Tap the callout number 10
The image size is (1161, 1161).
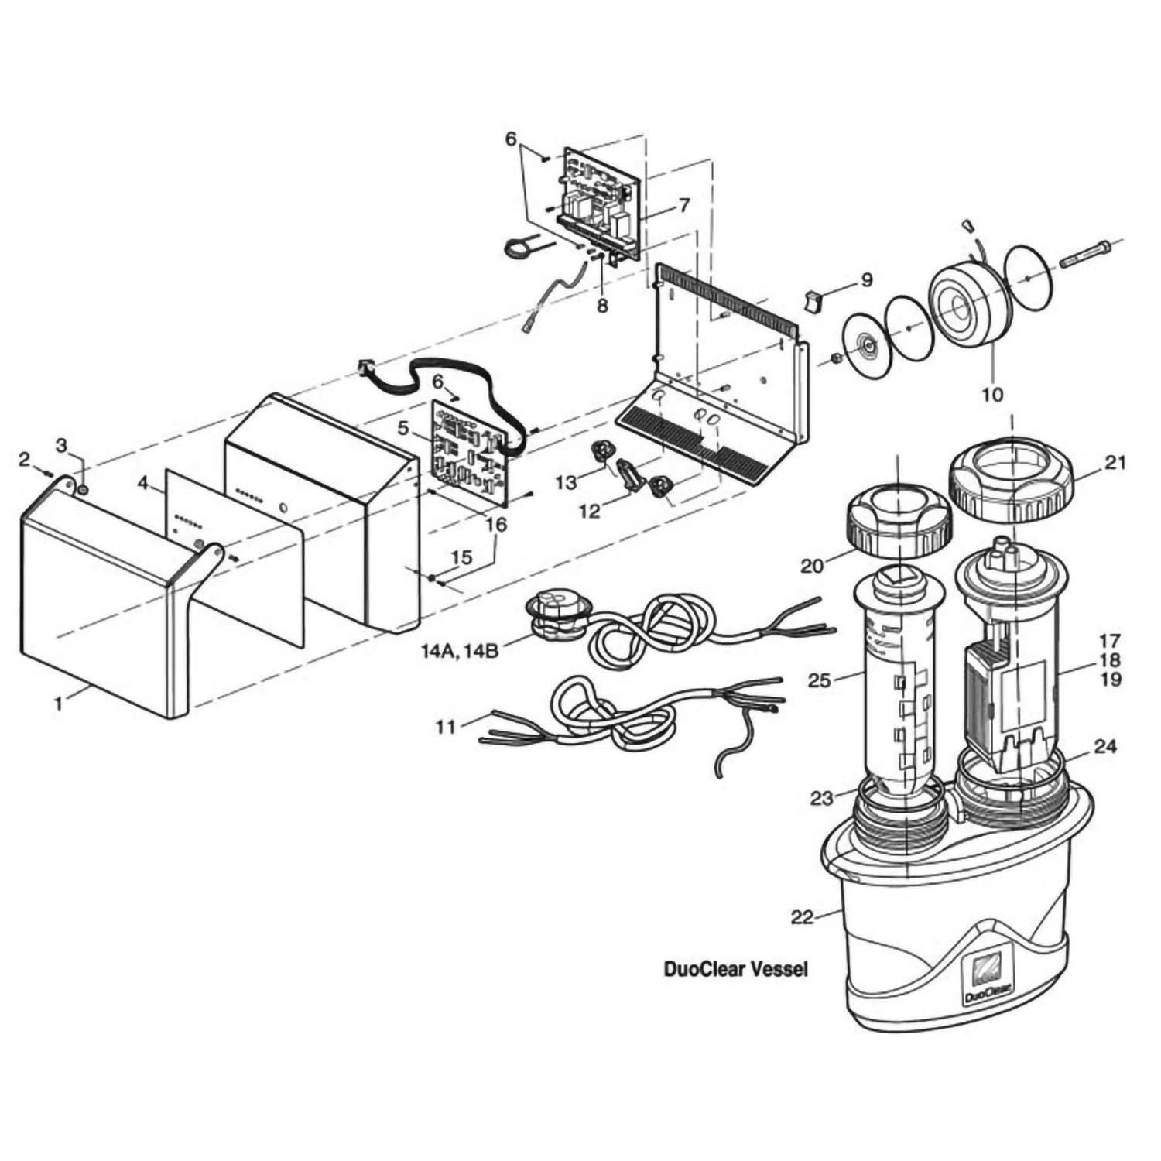click(991, 395)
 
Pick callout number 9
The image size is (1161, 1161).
click(865, 279)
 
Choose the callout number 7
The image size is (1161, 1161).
click(683, 205)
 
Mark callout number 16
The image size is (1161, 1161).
click(495, 524)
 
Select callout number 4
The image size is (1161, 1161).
click(142, 483)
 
